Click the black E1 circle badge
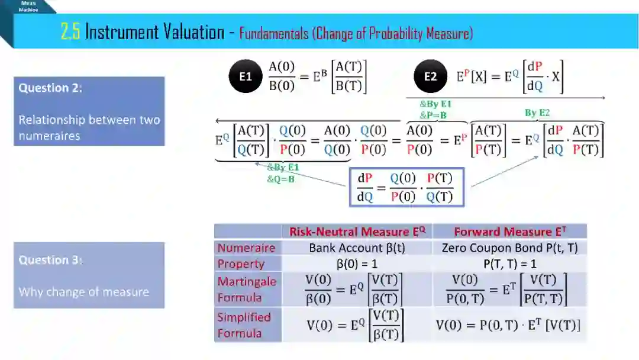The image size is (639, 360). coord(245,77)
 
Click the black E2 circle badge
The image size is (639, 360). coord(430,77)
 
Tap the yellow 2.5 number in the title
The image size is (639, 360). coord(70,32)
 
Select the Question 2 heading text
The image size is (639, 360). coord(50,88)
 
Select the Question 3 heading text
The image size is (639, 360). coord(50,260)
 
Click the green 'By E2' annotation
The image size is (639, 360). coord(537,112)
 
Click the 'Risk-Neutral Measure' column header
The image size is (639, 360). coord(357,232)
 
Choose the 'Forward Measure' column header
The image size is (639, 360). coord(509,232)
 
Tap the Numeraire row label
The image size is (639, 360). coord(246,248)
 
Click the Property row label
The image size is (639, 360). coord(241,263)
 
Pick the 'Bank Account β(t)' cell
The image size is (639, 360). coord(357,248)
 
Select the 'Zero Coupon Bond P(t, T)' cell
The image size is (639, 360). coord(509,248)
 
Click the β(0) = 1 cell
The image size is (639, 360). coord(357,263)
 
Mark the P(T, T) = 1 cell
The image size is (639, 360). coord(509,263)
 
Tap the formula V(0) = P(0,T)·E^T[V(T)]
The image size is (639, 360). coord(508,325)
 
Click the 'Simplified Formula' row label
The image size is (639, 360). coord(244,325)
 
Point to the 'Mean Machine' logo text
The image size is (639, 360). coord(28,6)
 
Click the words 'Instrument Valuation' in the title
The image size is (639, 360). coord(154,32)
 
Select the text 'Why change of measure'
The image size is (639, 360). coord(83,292)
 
